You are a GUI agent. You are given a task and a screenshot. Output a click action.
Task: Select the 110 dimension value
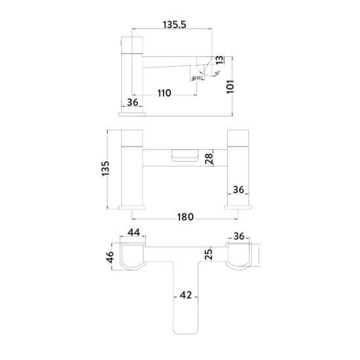pos(163,94)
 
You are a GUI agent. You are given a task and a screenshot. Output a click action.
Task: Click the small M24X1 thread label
pos(197,79)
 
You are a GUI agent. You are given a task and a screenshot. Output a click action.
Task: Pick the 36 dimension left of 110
pos(133,102)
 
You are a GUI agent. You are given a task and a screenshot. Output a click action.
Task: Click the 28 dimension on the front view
pos(209,158)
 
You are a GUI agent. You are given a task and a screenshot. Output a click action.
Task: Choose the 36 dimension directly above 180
pos(239,190)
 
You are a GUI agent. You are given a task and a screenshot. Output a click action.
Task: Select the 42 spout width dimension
pos(186,296)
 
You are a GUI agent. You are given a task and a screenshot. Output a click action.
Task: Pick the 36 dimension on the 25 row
pos(239,236)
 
